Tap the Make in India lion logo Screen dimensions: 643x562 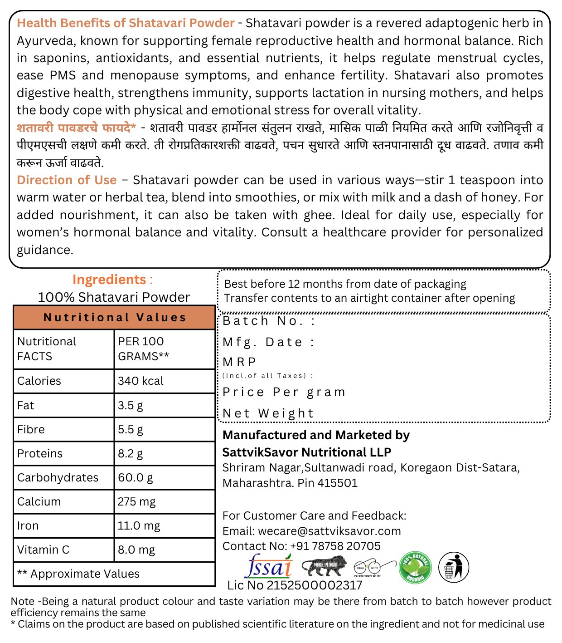pos(324,566)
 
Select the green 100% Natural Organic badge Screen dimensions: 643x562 pos(415,568)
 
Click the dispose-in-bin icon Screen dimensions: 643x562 pos(453,567)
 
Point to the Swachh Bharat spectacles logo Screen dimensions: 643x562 pos(368,567)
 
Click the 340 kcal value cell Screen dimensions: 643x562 pos(141,381)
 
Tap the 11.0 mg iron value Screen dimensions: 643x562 pos(139,526)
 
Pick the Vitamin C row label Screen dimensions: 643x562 pos(44,550)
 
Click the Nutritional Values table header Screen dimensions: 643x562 pos(115,318)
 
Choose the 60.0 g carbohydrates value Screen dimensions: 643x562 pos(136,478)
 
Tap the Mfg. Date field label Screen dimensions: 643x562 pos(268,342)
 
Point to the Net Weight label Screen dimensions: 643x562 pos(268,413)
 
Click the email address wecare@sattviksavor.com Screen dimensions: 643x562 pos(329,531)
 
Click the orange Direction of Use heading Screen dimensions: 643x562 pos(67,180)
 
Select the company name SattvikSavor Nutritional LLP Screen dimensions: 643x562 pos(306,452)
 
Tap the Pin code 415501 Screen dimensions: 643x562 pos(338,483)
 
